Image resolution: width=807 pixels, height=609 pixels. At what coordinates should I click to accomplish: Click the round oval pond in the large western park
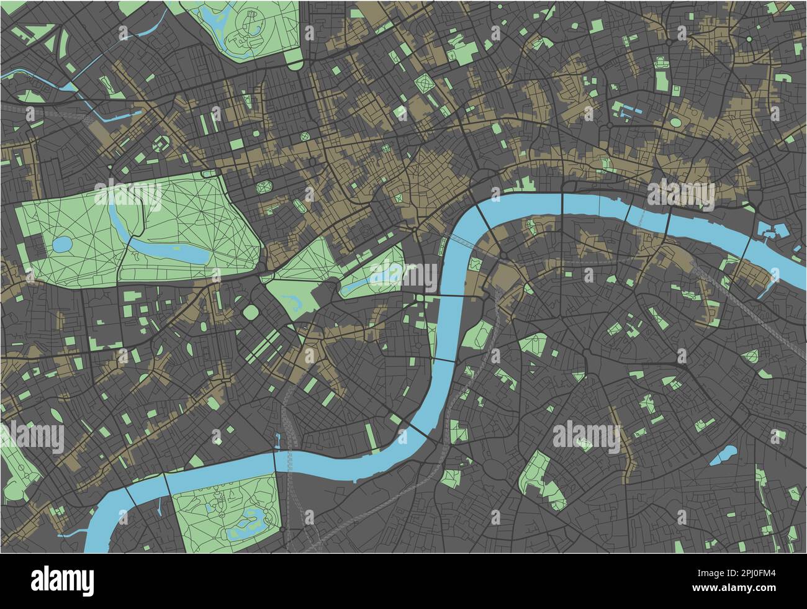tap(63, 245)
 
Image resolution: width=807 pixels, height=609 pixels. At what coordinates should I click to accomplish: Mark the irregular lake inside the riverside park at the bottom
tap(248, 517)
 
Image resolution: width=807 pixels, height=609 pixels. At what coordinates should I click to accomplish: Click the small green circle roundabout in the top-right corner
tap(749, 39)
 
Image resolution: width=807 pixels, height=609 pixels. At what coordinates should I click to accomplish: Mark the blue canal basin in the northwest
tap(118, 115)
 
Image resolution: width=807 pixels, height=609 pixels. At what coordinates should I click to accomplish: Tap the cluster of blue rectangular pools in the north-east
tap(626, 111)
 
